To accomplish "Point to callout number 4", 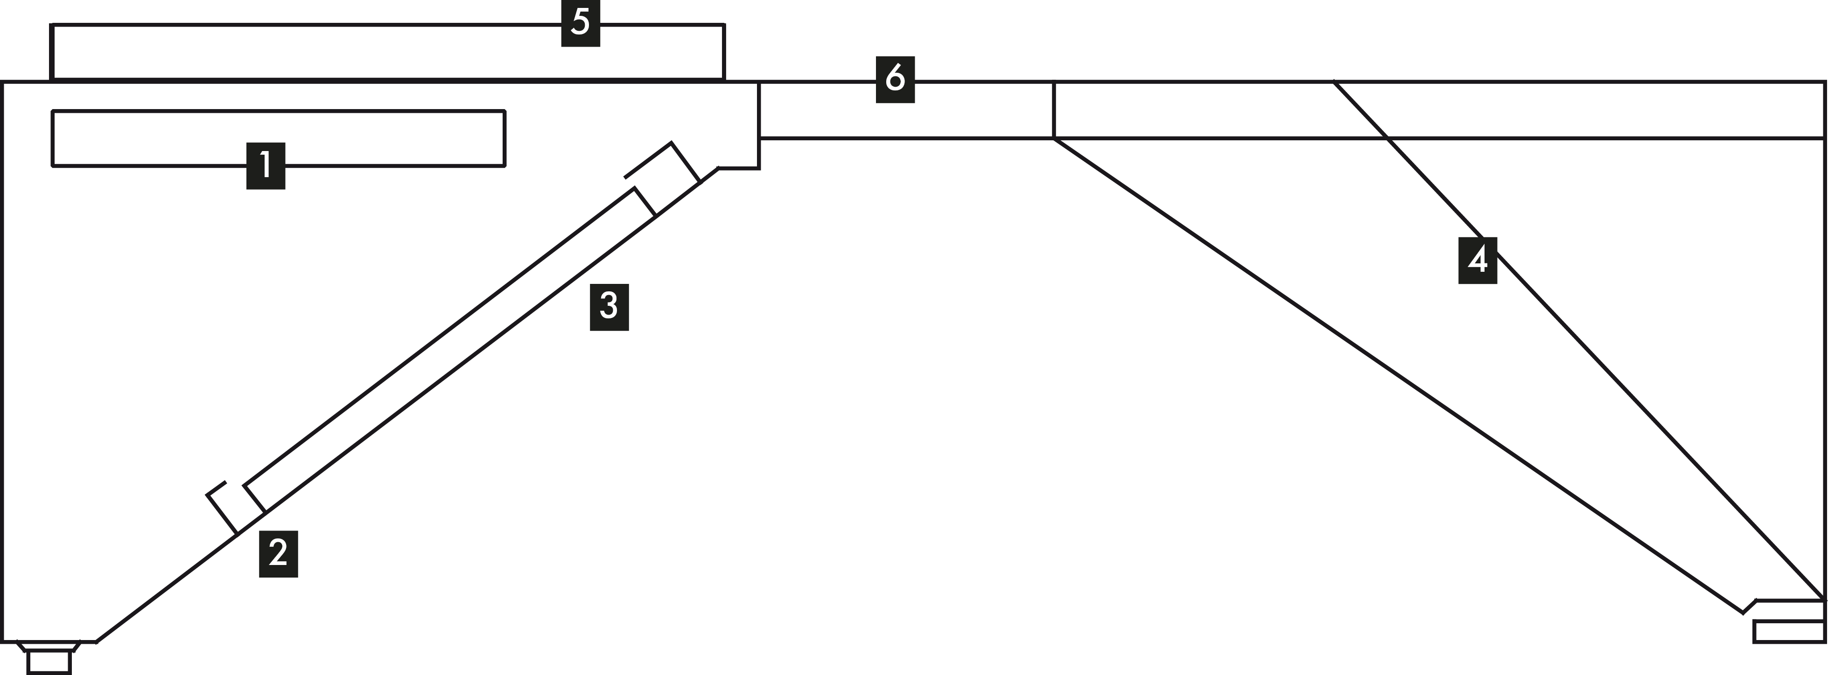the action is [x=1478, y=260].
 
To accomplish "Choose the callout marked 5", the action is [x=581, y=23].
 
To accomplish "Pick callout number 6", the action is [x=895, y=79].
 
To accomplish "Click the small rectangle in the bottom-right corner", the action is [x=1788, y=631].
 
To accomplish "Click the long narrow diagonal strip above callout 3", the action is [x=447, y=347].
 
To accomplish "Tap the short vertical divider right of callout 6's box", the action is [x=1054, y=110].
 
